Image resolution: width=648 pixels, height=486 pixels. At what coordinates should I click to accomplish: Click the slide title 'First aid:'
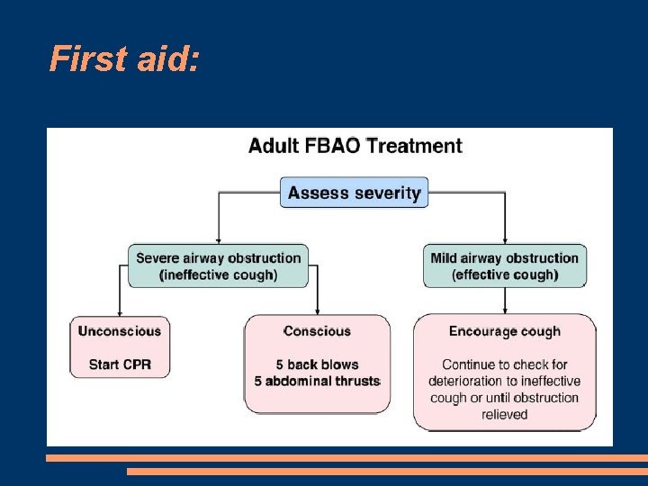coord(125,59)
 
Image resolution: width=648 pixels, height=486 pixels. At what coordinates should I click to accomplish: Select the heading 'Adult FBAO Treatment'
coord(355,146)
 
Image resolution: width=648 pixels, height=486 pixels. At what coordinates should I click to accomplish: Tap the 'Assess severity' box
coord(354,193)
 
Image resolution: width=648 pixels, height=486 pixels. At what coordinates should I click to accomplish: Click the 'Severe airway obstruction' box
coord(218,265)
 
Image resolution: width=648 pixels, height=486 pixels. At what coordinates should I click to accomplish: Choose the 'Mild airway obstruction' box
coord(504,265)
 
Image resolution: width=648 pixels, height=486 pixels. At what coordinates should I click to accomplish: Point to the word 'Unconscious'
coord(120,330)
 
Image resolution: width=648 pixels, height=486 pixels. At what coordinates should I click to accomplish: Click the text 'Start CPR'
coord(120,364)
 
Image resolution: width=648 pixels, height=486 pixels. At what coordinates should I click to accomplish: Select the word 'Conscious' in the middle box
coord(317,331)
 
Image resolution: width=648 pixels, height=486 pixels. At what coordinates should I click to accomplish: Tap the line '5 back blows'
coord(317,364)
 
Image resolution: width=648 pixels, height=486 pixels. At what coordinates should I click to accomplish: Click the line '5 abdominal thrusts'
coord(317,381)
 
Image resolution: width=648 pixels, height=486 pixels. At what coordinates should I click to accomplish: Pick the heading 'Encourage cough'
coord(504,331)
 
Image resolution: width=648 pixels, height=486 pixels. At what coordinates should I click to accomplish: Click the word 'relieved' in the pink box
coord(504,414)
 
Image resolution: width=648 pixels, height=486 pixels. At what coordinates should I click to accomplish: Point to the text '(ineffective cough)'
coord(218,274)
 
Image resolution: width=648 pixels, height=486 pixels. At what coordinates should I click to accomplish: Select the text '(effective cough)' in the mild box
coord(504,274)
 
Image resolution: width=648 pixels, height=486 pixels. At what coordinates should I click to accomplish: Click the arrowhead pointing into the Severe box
coord(219,238)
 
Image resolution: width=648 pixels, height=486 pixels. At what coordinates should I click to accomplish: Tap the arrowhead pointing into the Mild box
coord(505,238)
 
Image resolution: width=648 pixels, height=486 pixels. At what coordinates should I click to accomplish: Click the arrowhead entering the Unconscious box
coord(120,309)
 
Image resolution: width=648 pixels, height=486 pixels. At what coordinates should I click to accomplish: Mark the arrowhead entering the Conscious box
coord(317,309)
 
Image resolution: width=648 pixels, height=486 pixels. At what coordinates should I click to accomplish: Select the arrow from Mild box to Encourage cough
coord(505,301)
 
